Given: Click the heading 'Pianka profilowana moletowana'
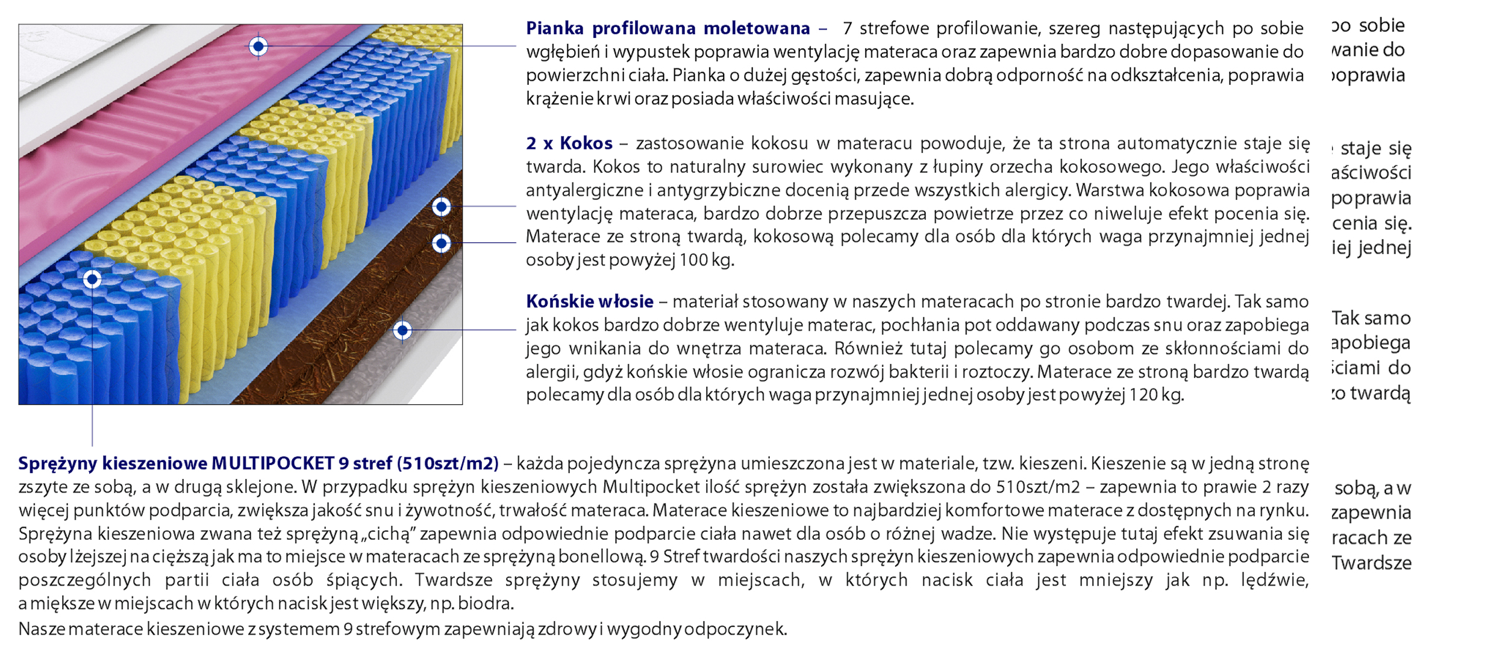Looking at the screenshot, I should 667,28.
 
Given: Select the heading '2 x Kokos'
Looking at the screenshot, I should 569,143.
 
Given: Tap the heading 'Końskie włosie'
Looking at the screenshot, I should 589,301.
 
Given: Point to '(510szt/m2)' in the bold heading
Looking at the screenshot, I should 448,463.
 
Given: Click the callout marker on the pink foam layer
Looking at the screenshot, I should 258,46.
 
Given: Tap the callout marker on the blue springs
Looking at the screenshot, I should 92,279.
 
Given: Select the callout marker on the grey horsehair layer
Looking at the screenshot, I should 402,330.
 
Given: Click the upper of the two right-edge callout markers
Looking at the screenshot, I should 442,207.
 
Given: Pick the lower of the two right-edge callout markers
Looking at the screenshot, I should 442,243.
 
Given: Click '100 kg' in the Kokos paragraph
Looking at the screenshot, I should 705,260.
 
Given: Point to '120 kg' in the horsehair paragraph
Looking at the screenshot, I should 1155,395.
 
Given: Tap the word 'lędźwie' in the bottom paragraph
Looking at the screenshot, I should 1274,580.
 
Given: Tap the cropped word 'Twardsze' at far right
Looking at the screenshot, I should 1371,563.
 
